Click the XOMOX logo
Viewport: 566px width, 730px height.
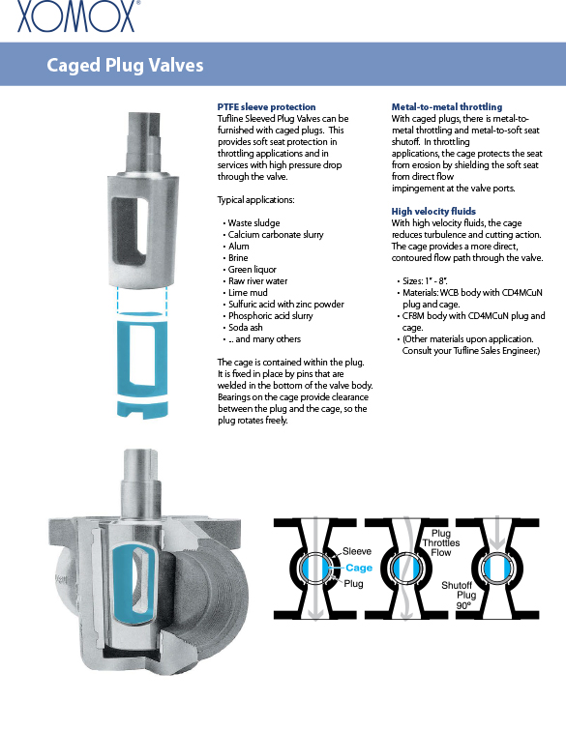point(77,16)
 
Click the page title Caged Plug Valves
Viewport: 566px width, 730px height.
point(125,65)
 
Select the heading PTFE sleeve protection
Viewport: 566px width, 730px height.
point(266,106)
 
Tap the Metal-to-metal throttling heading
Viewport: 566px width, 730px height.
point(447,106)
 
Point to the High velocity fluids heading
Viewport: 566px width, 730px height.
point(433,211)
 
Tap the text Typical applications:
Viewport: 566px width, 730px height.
point(255,200)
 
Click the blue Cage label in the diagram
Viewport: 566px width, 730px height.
point(359,568)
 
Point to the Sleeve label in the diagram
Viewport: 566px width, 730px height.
point(357,551)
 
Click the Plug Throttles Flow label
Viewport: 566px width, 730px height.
point(440,542)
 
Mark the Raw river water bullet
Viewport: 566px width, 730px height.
point(257,281)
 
